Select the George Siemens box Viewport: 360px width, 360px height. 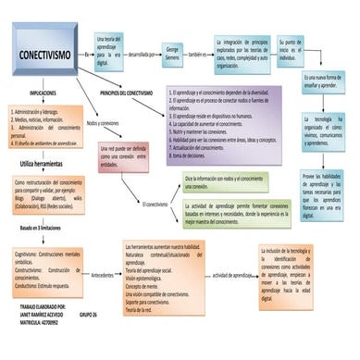pos(171,54)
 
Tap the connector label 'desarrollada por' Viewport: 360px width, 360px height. pos(141,55)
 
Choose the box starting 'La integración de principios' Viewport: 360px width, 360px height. pos(241,54)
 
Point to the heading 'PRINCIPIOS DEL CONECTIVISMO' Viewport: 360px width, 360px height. pos(139,93)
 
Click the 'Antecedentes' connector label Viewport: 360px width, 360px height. pos(102,276)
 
